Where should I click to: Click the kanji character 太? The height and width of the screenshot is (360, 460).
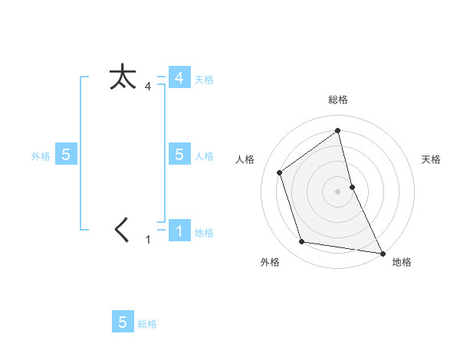pos(123,77)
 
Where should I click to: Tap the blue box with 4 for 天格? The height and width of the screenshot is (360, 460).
pos(179,78)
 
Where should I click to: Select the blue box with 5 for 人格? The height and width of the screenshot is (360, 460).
pos(179,154)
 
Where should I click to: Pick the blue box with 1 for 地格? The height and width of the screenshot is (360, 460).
pos(179,231)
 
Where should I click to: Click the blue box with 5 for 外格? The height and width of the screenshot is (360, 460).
pos(66,154)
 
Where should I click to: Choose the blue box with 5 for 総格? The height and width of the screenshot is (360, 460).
pos(123,322)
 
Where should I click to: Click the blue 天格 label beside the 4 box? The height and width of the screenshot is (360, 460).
pos(204,80)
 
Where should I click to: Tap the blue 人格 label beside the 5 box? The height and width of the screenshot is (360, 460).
pos(204,156)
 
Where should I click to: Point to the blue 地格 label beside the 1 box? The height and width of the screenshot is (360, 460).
pos(204,233)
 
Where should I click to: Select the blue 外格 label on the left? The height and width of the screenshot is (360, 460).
pos(41,156)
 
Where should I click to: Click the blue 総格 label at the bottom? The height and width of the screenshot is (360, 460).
pos(147,324)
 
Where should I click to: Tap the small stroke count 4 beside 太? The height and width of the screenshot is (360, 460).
pos(148,87)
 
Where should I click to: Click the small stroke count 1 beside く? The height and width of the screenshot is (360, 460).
pos(149,240)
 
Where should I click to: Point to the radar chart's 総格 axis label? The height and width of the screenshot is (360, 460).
pos(338,100)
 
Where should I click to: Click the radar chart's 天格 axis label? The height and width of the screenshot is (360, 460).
pos(432,159)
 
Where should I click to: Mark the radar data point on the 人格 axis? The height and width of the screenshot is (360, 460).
pos(280,172)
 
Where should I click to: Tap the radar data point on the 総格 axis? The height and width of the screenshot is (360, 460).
pos(338,130)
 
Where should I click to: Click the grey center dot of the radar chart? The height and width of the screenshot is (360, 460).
pos(338,191)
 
